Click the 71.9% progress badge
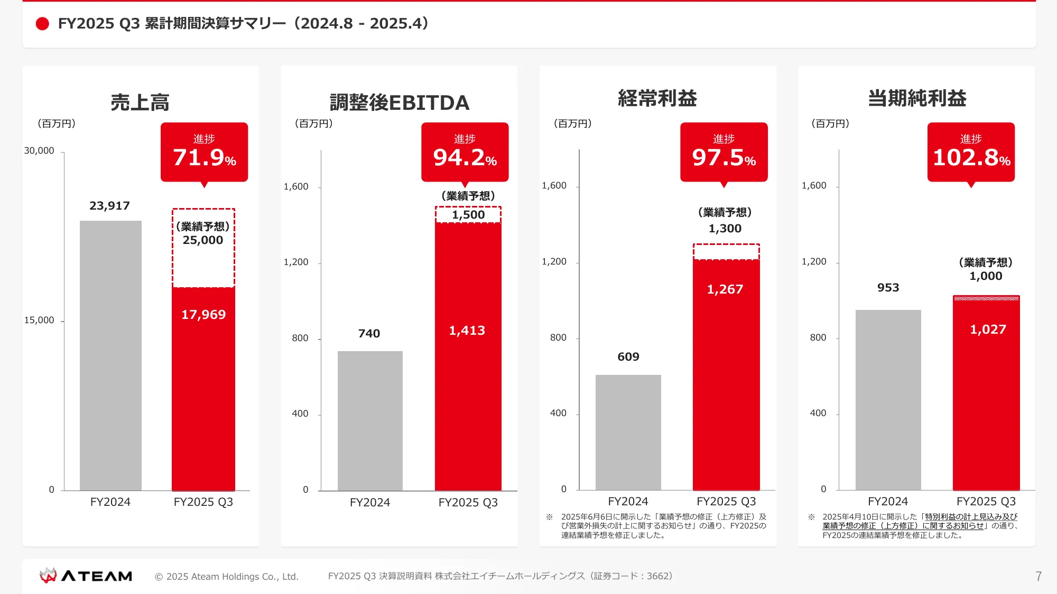[204, 152]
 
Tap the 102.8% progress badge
[971, 152]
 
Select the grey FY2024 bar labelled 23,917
[110, 355]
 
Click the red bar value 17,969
[203, 315]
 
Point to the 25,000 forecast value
[203, 240]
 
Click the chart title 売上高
[140, 102]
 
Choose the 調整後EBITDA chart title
[400, 102]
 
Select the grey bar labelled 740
[370, 420]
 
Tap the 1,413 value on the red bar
[467, 331]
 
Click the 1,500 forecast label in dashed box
[468, 215]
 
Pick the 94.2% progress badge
[465, 152]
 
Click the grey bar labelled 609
[628, 432]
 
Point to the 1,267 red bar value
[725, 289]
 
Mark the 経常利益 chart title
[657, 98]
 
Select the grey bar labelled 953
[888, 400]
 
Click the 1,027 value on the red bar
[988, 329]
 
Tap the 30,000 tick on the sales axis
[39, 151]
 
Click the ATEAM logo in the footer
[86, 576]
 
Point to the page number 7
[1039, 576]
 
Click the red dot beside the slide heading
[42, 24]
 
